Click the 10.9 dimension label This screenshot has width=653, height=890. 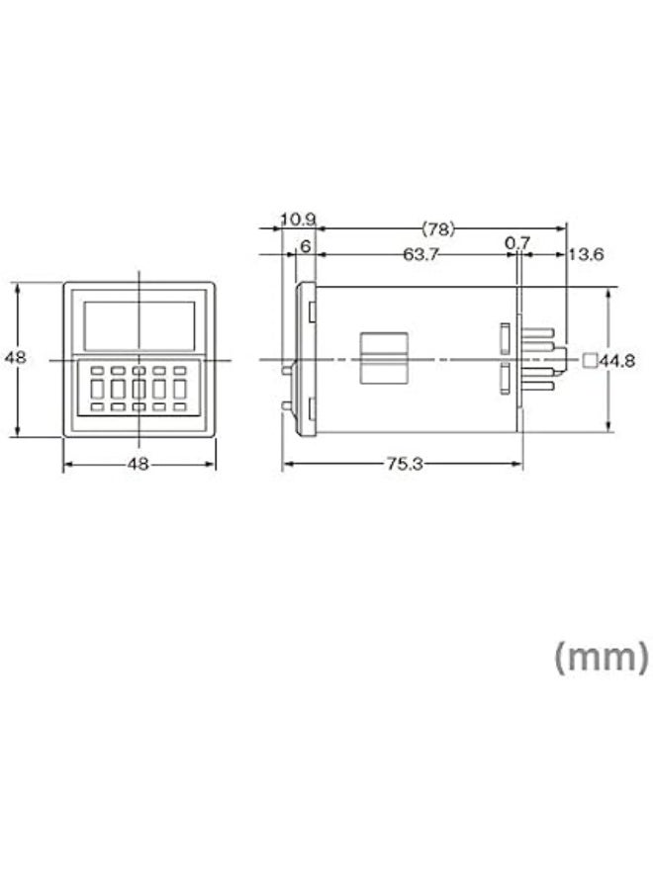(x=298, y=220)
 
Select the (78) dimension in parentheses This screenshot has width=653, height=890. (x=438, y=229)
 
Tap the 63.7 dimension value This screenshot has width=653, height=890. (x=420, y=254)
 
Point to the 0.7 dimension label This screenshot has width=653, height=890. (x=517, y=243)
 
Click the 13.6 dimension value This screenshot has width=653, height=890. (x=587, y=254)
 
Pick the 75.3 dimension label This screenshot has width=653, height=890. (x=405, y=464)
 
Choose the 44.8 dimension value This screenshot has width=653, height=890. (x=617, y=360)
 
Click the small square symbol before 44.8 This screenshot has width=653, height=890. (x=591, y=360)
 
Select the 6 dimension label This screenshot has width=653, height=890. (x=306, y=246)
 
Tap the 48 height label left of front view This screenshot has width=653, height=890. (x=15, y=358)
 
